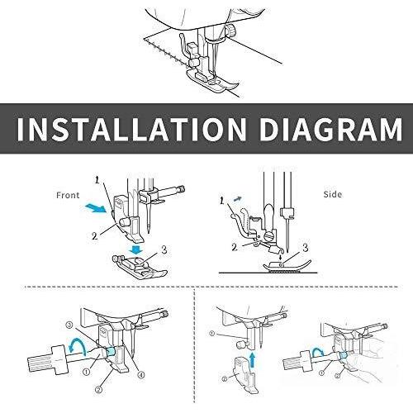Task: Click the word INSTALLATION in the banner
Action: (x=131, y=130)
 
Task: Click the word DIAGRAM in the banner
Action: (x=330, y=130)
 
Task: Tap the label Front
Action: (x=68, y=195)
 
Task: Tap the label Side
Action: (x=333, y=194)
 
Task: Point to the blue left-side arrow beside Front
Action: (x=95, y=208)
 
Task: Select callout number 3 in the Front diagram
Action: (x=164, y=250)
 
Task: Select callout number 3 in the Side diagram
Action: (x=306, y=248)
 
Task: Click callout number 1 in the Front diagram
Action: (x=97, y=181)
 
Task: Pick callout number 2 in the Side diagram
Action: (x=235, y=248)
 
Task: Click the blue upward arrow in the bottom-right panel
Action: (x=253, y=359)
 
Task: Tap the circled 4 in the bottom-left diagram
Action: (x=141, y=375)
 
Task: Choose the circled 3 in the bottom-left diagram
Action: (x=69, y=325)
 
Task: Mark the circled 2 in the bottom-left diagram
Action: (x=98, y=389)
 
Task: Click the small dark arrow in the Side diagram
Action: (x=238, y=199)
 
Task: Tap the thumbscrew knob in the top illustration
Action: (x=231, y=30)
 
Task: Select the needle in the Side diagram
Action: (x=287, y=234)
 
